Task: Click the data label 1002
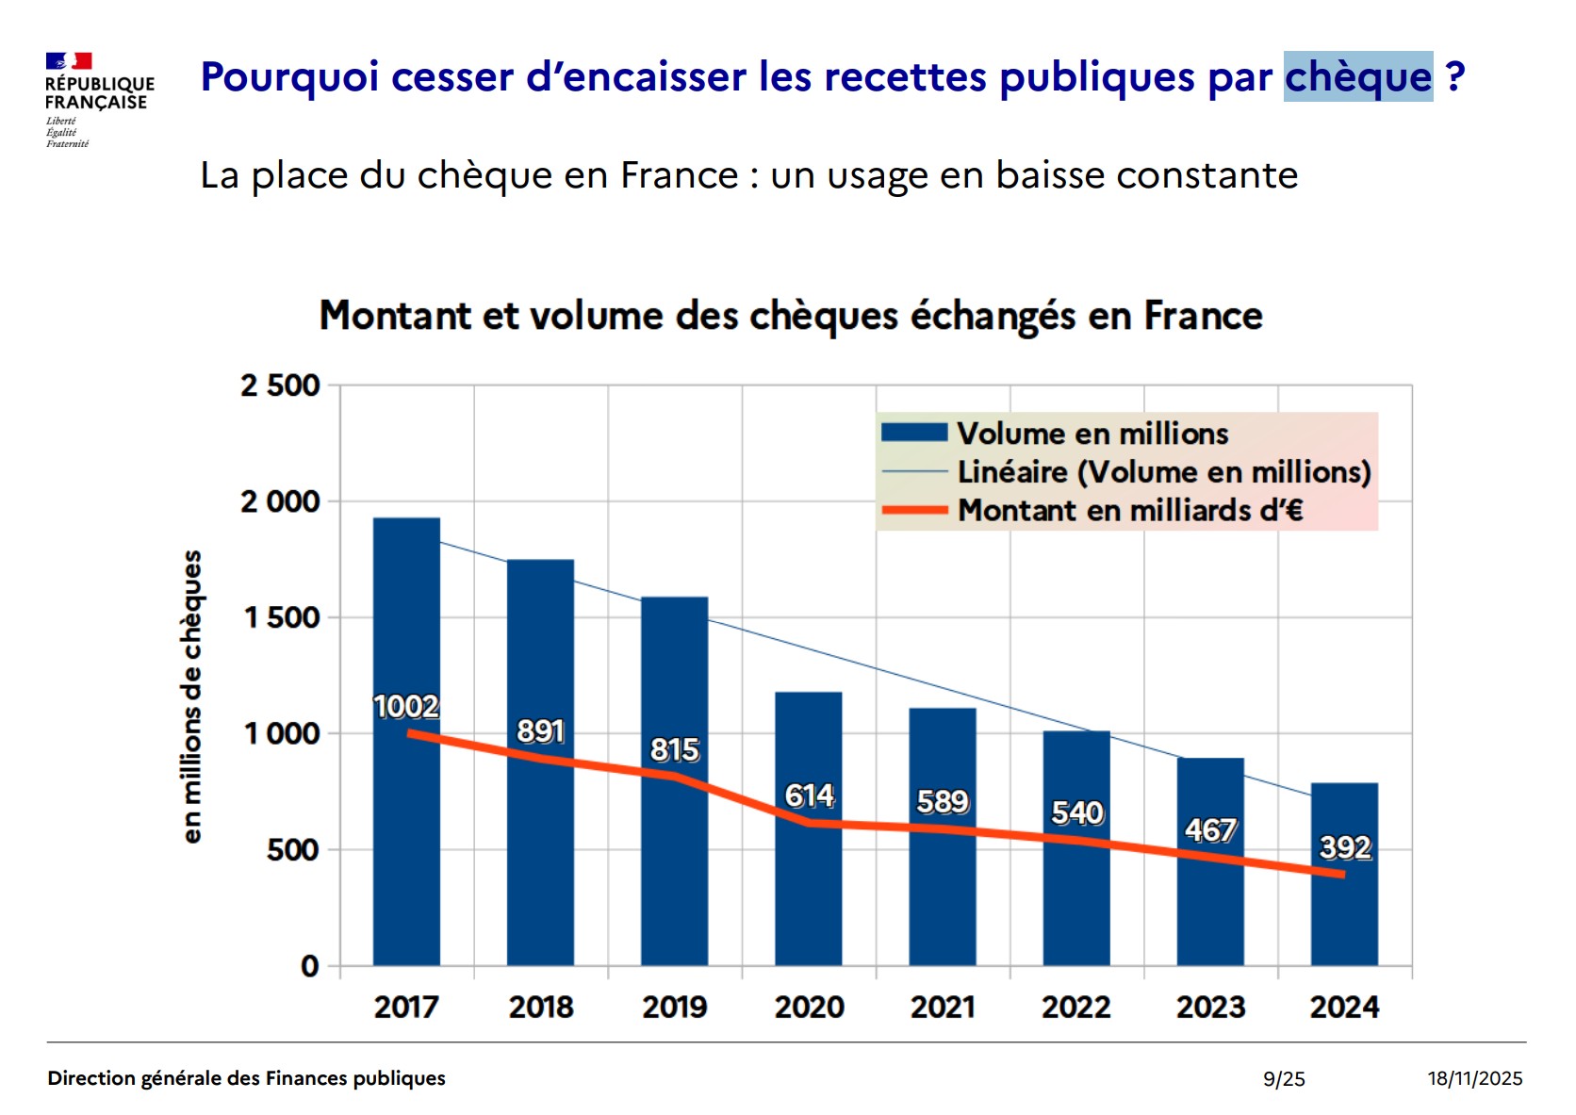tap(406, 706)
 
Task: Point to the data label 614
tap(810, 795)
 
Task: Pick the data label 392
tap(1345, 847)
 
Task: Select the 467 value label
tap(1210, 829)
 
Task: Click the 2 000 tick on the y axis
tap(280, 501)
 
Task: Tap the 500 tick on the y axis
tap(292, 850)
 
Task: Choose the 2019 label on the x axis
tap(675, 1007)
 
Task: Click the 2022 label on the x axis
tap(1076, 1007)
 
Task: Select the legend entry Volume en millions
tap(1092, 434)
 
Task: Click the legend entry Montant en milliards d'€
tap(1130, 510)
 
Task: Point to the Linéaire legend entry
tap(1163, 471)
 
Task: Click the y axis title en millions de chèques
tap(191, 697)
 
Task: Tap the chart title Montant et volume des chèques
tap(791, 316)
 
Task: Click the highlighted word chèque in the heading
tap(1357, 76)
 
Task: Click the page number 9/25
tap(1284, 1078)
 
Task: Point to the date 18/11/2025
tap(1474, 1078)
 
